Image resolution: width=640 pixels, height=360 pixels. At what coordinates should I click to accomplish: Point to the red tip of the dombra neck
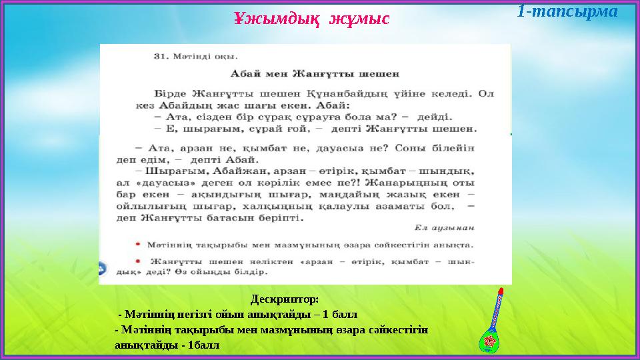click(500, 291)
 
